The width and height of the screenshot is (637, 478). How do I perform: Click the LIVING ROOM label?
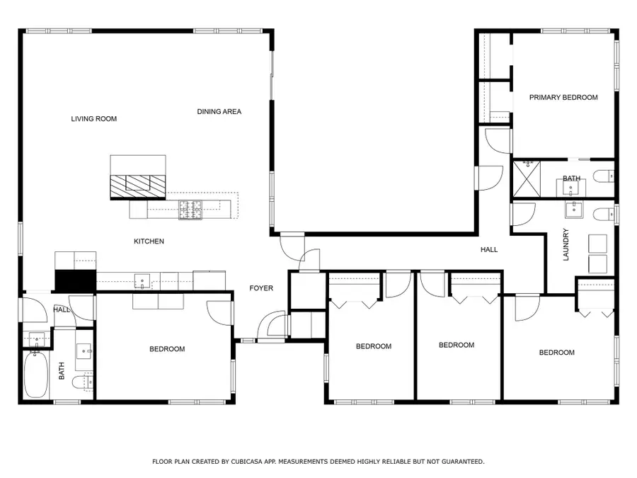point(94,119)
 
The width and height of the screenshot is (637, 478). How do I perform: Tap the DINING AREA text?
point(219,111)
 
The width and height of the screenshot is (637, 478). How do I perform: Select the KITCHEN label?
point(149,241)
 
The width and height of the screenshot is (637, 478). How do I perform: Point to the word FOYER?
point(261,288)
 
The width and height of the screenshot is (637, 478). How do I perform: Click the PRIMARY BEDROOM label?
point(563,97)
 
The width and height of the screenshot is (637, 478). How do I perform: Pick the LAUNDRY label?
point(566,244)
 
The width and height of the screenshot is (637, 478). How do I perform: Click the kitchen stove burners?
point(190,210)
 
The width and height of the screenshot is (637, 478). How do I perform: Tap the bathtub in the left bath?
point(36,375)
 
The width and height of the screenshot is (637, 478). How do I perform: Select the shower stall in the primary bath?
point(527,179)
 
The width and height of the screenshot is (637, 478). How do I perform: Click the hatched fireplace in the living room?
point(138,186)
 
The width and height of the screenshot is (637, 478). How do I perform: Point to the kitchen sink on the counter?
point(142,281)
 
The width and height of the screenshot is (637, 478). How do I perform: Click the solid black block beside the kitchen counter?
point(75,280)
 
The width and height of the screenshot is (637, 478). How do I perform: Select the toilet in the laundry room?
point(604,214)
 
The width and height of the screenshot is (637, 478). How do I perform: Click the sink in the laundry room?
point(574,210)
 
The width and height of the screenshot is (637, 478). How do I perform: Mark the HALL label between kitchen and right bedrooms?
point(489,249)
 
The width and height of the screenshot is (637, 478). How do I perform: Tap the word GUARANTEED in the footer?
point(463,462)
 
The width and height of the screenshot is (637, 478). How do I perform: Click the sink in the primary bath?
point(570,188)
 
